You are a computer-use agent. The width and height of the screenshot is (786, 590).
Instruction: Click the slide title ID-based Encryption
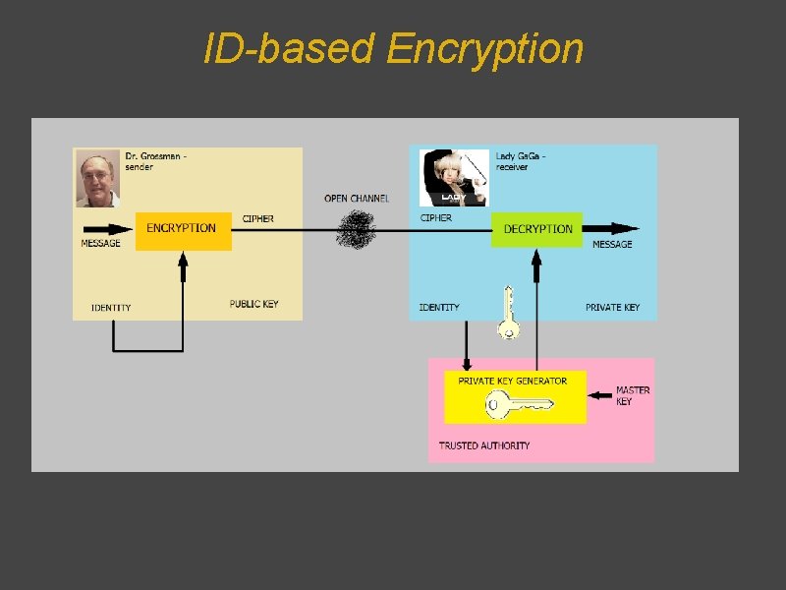[393, 48]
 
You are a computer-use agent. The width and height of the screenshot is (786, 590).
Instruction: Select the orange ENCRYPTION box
[183, 230]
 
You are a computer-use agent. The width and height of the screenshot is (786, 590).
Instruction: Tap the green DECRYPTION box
[537, 229]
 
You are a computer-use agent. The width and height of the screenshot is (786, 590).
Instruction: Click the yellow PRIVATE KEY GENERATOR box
[514, 396]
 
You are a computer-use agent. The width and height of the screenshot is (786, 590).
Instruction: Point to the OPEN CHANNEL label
[357, 198]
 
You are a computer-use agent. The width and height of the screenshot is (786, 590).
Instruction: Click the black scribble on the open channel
[356, 229]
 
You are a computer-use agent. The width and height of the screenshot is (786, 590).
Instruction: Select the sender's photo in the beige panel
[98, 180]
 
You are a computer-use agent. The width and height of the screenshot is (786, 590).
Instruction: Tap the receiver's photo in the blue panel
[454, 178]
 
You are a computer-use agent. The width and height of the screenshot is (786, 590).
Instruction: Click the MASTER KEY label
[632, 395]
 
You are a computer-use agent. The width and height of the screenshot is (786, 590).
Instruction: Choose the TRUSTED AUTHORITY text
[484, 445]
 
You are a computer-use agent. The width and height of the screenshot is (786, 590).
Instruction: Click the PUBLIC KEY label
[254, 304]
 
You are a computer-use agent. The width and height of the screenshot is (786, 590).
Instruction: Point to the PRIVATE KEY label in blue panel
[612, 308]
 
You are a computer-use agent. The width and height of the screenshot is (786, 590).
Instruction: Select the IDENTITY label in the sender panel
[111, 308]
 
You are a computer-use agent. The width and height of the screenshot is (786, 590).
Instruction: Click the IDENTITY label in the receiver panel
[439, 308]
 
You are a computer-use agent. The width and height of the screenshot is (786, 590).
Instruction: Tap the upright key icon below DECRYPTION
[508, 313]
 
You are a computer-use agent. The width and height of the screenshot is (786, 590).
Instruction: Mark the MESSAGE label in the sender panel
[100, 243]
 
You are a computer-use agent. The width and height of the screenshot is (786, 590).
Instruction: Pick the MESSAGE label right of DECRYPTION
[612, 244]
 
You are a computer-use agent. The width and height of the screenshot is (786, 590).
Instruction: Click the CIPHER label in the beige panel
[257, 218]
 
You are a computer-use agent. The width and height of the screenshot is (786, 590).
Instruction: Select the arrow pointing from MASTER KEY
[598, 396]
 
